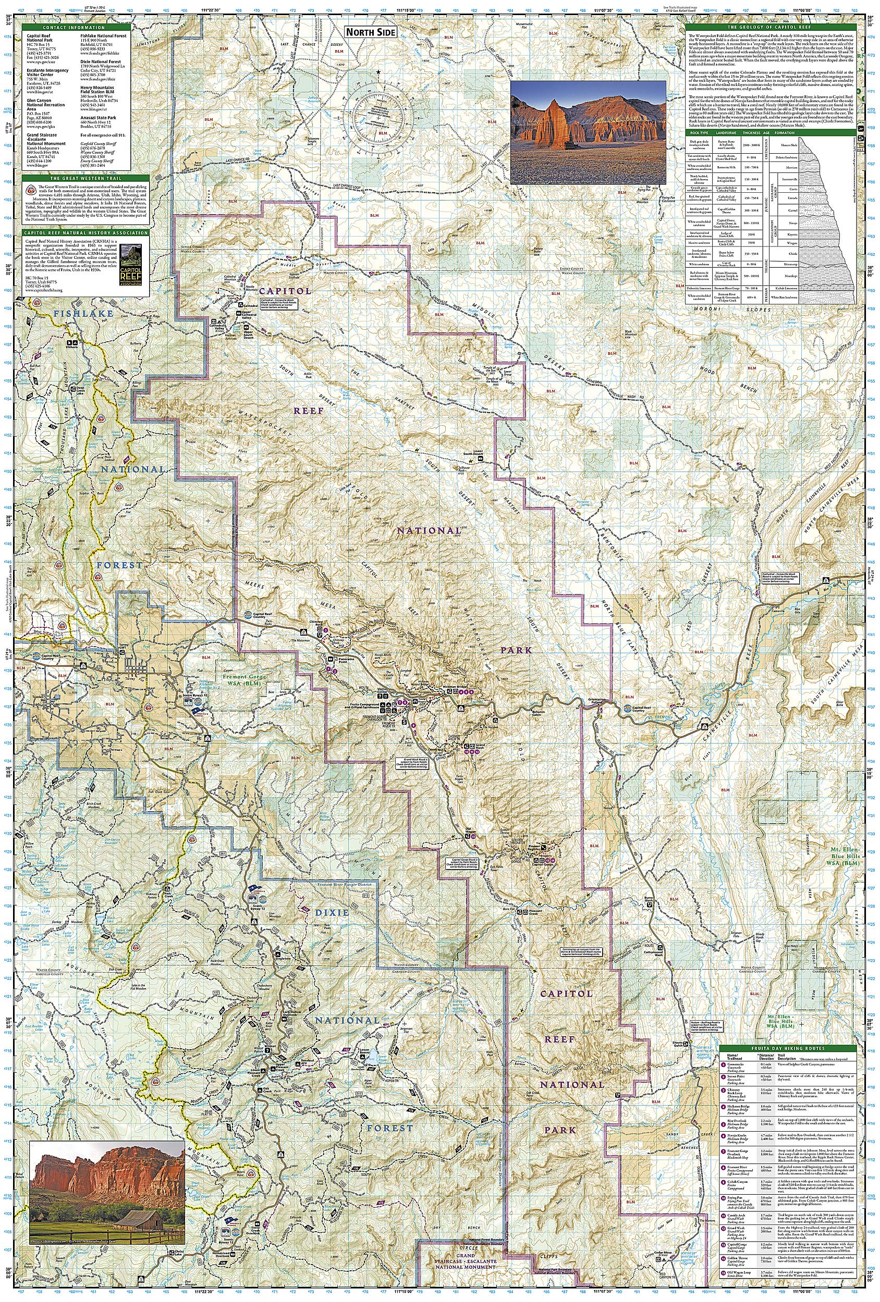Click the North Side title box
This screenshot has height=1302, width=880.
[x=370, y=32]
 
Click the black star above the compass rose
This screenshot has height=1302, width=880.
[x=380, y=72]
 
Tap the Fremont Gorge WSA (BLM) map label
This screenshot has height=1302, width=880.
[x=246, y=679]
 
